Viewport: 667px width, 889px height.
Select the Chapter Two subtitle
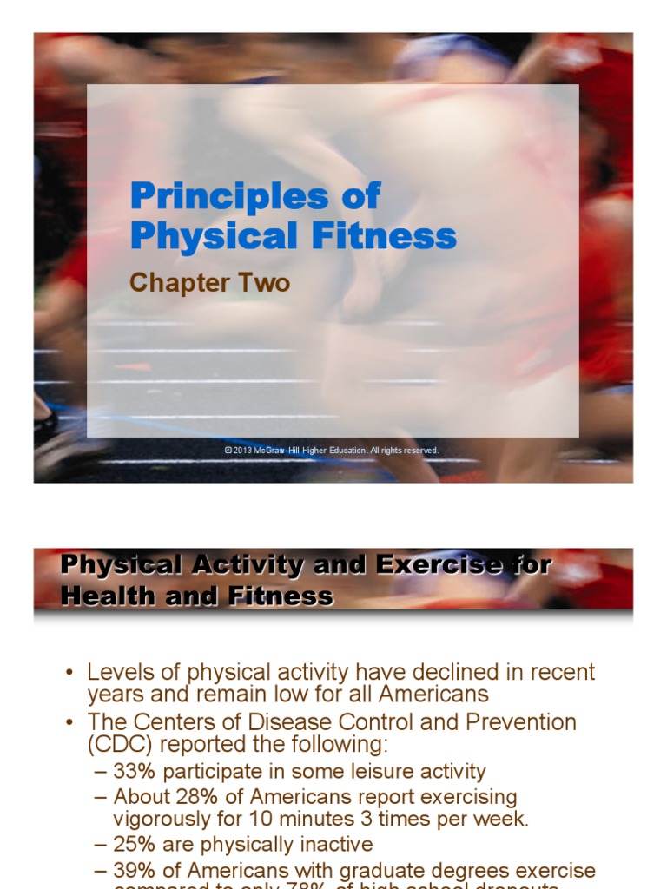[x=209, y=283]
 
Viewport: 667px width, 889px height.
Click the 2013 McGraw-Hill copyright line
[x=332, y=451]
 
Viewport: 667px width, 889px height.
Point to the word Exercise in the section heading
[x=426, y=565]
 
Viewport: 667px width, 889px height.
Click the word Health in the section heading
[x=102, y=596]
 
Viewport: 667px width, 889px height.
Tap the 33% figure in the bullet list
[x=133, y=772]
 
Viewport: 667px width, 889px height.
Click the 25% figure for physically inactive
[x=133, y=844]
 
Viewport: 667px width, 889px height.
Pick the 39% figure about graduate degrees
[x=133, y=870]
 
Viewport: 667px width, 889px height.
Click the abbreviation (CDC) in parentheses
[x=117, y=744]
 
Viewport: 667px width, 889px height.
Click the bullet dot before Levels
[x=70, y=674]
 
